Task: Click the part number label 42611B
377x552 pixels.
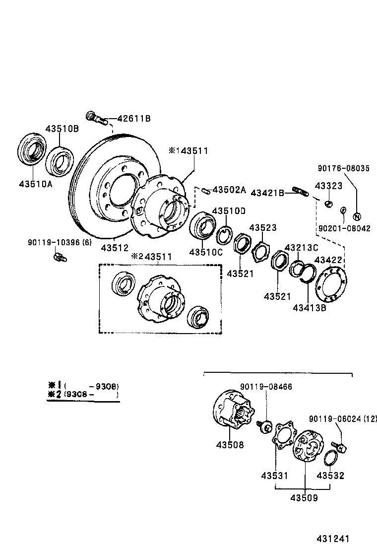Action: [x=134, y=119]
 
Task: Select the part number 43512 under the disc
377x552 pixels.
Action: [x=115, y=247]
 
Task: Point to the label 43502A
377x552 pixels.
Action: [x=229, y=190]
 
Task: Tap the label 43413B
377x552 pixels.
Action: [x=309, y=308]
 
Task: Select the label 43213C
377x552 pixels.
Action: [x=301, y=247]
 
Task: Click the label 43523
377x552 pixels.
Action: [x=263, y=228]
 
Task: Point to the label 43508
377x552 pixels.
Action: [x=231, y=445]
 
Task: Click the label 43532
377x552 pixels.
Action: [x=330, y=476]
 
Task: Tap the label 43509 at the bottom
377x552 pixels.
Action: [x=304, y=497]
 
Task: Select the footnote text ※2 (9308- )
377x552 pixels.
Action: [x=83, y=395]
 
